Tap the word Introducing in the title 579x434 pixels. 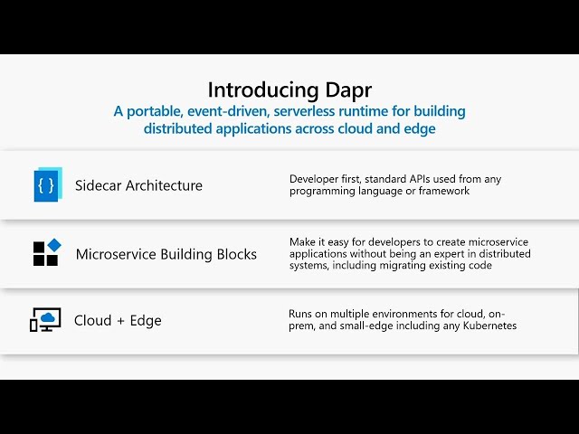pyautogui.click(x=263, y=90)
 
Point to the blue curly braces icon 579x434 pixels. pyautogui.click(x=48, y=184)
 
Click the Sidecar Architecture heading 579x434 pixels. pyautogui.click(x=138, y=185)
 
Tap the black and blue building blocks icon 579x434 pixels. pyautogui.click(x=47, y=252)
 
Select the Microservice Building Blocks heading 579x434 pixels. pyautogui.click(x=166, y=254)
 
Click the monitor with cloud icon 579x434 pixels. pyautogui.click(x=45, y=319)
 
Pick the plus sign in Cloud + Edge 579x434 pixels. pyautogui.click(x=120, y=321)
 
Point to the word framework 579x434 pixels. pyautogui.click(x=444, y=191)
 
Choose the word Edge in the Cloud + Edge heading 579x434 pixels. pyautogui.click(x=146, y=321)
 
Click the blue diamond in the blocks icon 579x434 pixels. pyautogui.click(x=54, y=245)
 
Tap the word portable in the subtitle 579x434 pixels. pyautogui.click(x=155, y=111)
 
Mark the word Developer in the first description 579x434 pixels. pyautogui.click(x=308, y=179)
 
